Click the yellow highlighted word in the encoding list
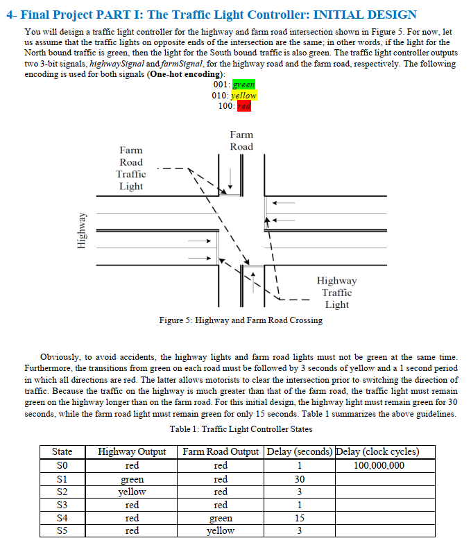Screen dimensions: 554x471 click(244, 95)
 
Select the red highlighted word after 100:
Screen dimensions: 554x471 click(243, 105)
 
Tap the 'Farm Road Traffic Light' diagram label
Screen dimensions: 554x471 click(130, 168)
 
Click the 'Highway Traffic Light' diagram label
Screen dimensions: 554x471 click(336, 292)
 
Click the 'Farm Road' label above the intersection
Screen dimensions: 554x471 click(241, 140)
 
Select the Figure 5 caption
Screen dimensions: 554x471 click(240, 320)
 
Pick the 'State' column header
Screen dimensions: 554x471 click(62, 451)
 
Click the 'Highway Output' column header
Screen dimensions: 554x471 click(132, 451)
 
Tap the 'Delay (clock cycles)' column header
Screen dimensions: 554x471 click(377, 451)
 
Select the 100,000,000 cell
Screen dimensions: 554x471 click(379, 465)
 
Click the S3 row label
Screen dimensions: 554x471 click(62, 505)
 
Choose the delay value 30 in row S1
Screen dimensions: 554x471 click(299, 479)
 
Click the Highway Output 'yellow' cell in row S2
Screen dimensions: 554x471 click(132, 492)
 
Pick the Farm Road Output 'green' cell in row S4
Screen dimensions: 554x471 click(221, 518)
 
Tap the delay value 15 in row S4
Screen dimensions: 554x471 click(299, 518)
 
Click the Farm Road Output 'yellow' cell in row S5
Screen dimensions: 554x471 click(221, 531)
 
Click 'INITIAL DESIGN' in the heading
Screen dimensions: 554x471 click(356, 14)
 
